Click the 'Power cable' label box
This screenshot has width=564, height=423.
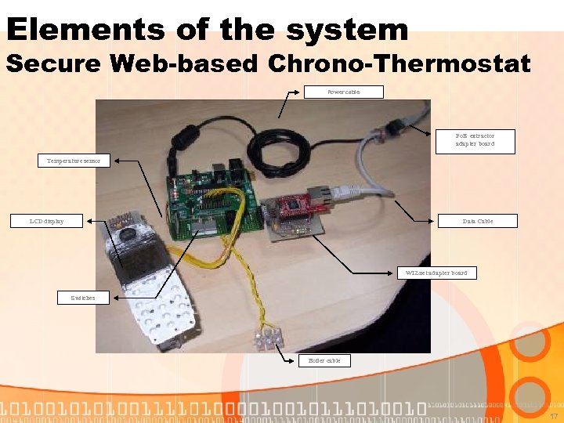point(344,92)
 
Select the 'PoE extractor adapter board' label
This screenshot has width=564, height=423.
point(475,140)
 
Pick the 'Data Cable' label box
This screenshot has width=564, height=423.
point(478,221)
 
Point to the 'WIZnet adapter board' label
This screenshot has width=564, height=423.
point(436,273)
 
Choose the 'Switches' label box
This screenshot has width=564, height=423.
point(83,298)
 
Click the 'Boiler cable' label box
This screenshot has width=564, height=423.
point(324,360)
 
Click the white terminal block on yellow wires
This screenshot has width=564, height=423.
point(266,338)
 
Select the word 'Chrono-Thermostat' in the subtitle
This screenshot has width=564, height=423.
point(399,63)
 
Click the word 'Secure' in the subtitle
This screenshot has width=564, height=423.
point(54,63)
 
